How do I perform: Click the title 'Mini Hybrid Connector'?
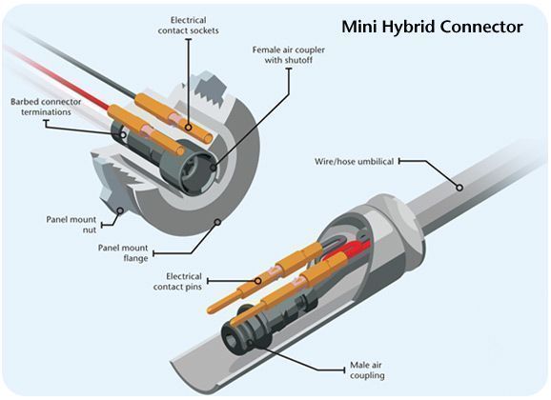[x=433, y=27]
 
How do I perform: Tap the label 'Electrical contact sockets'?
[x=194, y=26]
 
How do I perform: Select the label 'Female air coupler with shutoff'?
[x=284, y=54]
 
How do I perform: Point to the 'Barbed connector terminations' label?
[x=46, y=108]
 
